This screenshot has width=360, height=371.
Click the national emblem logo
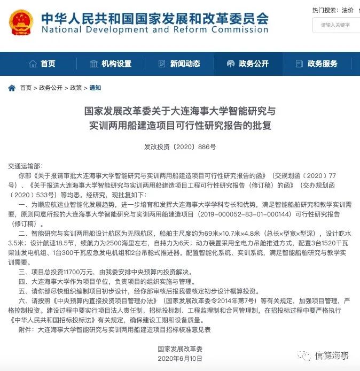pyautogui.click(x=21, y=22)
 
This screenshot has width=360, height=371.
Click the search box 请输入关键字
pyautogui.click(x=336, y=25)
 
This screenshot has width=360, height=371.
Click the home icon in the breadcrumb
pyautogui.click(x=12, y=88)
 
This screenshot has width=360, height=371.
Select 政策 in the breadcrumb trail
pyautogui.click(x=76, y=88)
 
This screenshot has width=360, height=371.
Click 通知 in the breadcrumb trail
pyautogui.click(x=95, y=88)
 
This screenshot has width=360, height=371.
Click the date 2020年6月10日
pyautogui.click(x=180, y=358)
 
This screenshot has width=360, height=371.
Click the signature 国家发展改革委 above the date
pyautogui.click(x=180, y=348)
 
